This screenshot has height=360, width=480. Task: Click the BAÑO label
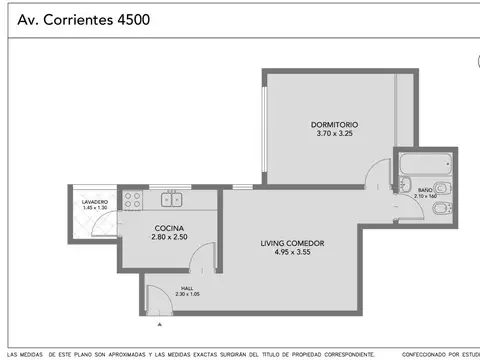425,189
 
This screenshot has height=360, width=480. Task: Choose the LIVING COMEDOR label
292,243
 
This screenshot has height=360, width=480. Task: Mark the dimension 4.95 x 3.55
292,252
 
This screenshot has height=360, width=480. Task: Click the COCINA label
168,228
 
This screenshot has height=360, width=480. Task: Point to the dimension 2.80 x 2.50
168,237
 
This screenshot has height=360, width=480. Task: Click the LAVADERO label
95,202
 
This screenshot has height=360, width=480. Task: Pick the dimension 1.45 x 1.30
95,208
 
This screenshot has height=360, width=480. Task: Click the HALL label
187,288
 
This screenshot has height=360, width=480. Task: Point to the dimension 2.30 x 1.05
187,294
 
